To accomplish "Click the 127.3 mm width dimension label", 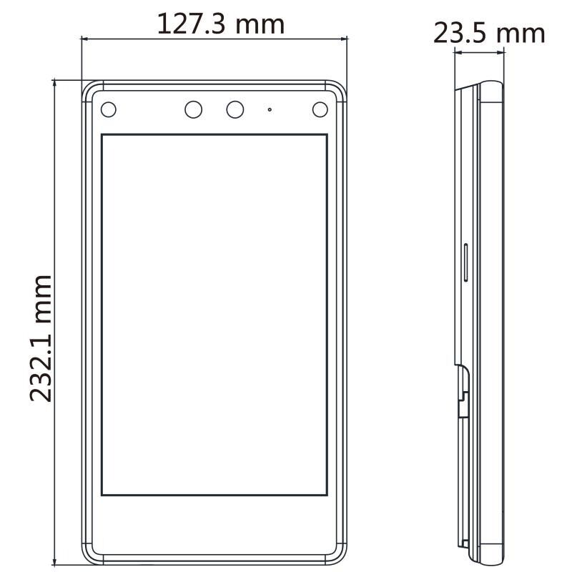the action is pyautogui.click(x=221, y=24).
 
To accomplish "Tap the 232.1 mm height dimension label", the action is pyautogui.click(x=41, y=338).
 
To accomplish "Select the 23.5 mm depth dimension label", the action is pyautogui.click(x=489, y=33).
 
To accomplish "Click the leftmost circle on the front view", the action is pyautogui.click(x=109, y=109).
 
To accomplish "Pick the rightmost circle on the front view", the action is pyautogui.click(x=320, y=109).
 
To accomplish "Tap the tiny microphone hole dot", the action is pyautogui.click(x=270, y=109).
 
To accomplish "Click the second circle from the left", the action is pyautogui.click(x=193, y=109).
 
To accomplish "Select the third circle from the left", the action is pyautogui.click(x=235, y=109).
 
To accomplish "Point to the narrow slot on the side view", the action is pyautogui.click(x=466, y=262).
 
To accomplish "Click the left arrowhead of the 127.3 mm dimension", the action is pyautogui.click(x=84, y=38).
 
